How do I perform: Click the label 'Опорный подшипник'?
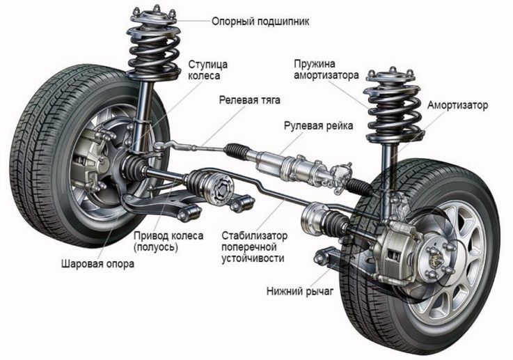(260, 22)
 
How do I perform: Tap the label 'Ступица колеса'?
(207, 70)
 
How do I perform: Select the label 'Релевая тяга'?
(249, 100)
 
